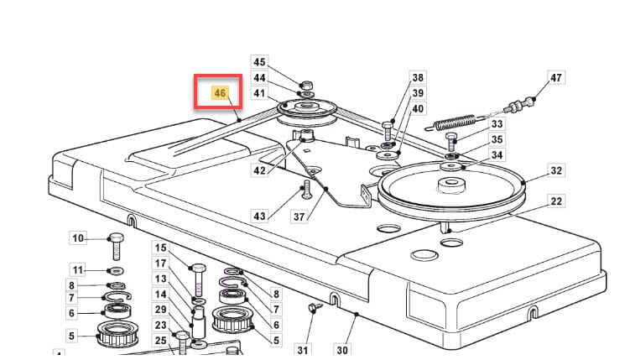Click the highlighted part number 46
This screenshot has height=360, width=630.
(x=220, y=92)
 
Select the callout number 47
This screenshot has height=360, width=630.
(x=556, y=78)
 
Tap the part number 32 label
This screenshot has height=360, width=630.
(x=556, y=170)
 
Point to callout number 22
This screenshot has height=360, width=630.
(x=556, y=201)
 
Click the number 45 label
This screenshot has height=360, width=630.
(x=260, y=62)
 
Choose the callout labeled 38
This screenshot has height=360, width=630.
(x=417, y=77)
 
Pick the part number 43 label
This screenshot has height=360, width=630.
(x=260, y=217)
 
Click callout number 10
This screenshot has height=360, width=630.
(x=78, y=238)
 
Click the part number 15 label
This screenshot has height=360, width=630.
(x=161, y=248)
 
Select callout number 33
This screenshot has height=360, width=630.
(x=497, y=124)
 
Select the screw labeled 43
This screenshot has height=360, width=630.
(x=307, y=189)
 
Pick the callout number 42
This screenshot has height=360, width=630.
(x=260, y=170)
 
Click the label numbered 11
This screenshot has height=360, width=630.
(x=78, y=269)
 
